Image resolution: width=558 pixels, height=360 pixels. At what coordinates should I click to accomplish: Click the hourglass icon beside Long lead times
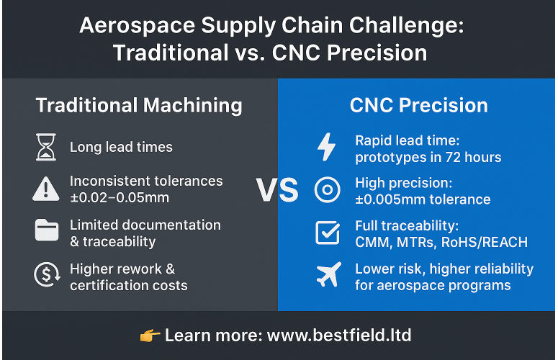[x=45, y=147]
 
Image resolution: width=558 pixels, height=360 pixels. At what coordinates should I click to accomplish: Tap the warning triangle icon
[x=45, y=189]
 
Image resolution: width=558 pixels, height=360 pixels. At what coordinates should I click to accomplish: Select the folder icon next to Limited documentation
[x=45, y=231]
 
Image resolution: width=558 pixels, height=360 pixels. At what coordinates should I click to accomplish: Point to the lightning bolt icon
[x=327, y=147]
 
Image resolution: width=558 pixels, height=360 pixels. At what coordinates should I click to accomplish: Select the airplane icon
[x=328, y=276]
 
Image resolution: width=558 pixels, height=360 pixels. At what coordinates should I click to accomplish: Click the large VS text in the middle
[x=277, y=190]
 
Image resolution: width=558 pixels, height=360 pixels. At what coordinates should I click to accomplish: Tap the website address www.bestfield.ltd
[x=339, y=336]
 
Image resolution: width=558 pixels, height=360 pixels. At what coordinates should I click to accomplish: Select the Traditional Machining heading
[x=139, y=105]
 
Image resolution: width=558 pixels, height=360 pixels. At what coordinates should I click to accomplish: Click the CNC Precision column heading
[x=418, y=105]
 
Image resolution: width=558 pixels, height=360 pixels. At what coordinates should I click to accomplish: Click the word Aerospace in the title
[x=138, y=26]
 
